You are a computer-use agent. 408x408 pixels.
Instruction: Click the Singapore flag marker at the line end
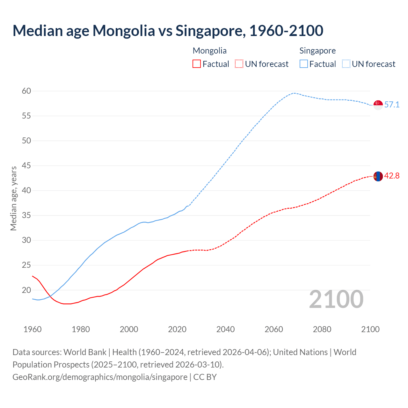378,105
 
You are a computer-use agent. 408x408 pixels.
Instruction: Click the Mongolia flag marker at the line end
378,176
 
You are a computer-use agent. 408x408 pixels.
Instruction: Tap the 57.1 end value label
392,105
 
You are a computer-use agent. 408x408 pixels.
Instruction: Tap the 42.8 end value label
392,176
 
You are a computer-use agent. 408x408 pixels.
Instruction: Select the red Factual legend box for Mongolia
197,64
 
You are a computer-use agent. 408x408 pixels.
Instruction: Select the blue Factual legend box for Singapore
304,64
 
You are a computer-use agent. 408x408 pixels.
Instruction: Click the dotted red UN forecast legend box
239,64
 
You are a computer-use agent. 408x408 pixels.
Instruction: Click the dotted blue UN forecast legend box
346,64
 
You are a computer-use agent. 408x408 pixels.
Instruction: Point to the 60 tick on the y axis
26,91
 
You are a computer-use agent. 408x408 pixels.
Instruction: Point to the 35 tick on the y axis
26,215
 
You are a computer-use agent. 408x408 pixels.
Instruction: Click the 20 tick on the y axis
26,290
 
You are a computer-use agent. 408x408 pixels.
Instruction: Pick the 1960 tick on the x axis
33,329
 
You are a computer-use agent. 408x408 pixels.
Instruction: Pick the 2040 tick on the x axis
225,329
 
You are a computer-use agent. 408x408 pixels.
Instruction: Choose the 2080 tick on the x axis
322,329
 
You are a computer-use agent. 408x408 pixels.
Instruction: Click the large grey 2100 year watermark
336,299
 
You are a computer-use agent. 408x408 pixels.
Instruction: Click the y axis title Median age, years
13,198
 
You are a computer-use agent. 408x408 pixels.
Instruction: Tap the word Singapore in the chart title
211,31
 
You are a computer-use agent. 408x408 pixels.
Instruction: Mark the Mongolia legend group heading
209,51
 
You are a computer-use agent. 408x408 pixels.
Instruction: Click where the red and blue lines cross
50,296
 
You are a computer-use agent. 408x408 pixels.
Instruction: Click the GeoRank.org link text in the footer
100,377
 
